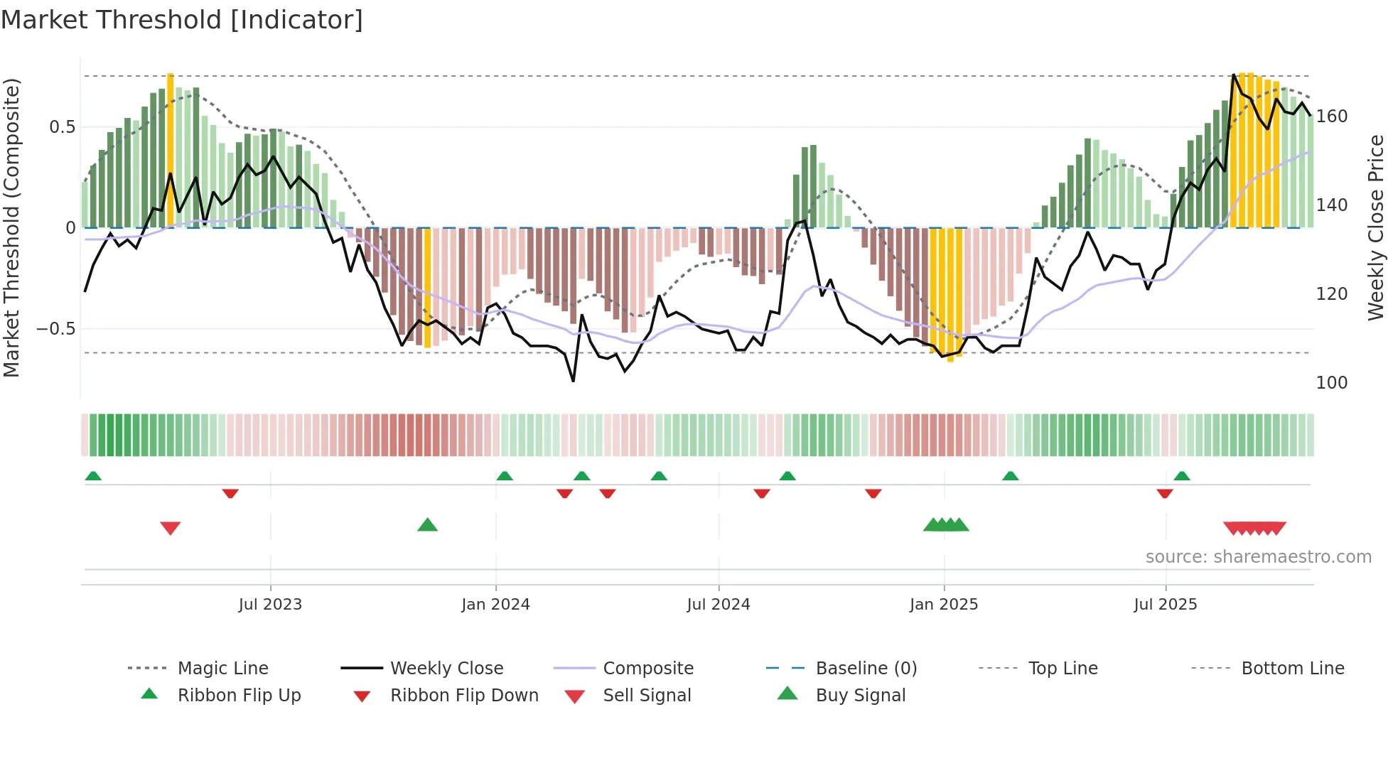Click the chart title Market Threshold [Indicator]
[x=182, y=20]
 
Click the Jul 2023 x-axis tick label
[x=270, y=605]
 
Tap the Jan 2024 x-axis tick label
[x=495, y=605]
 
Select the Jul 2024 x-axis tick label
[x=719, y=605]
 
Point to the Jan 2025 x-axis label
[x=944, y=605]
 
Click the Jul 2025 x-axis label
[x=1166, y=605]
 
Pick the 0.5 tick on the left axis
[x=62, y=127]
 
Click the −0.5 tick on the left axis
[x=56, y=329]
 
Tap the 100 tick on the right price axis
[x=1332, y=383]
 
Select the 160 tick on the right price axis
[x=1332, y=117]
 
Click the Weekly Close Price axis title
[x=1377, y=227]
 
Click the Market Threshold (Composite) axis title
[x=12, y=227]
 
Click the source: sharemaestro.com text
[x=1258, y=557]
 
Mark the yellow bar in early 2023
[x=171, y=149]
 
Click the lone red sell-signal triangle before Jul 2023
[x=171, y=528]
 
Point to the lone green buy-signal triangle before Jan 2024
[x=427, y=525]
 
